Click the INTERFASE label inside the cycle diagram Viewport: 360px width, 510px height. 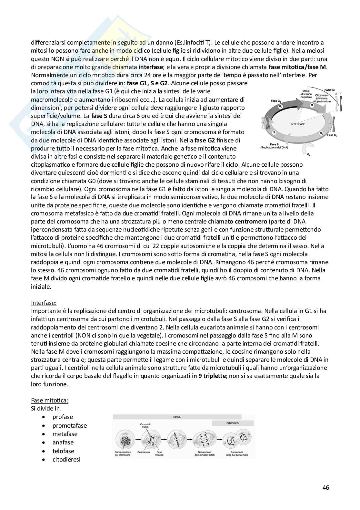click(298, 124)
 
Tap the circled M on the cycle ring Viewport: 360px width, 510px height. click(312, 105)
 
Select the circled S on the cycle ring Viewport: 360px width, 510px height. click(274, 132)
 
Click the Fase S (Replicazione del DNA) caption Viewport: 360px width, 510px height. click(274, 146)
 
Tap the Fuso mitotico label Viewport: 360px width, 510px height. click(159, 453)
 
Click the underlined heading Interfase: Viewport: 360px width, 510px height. click(44, 303)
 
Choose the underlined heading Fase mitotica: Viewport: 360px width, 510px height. click(49, 401)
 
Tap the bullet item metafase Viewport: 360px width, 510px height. click(65, 434)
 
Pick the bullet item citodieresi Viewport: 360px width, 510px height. click(66, 459)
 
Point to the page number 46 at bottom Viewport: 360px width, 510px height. click(325, 487)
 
